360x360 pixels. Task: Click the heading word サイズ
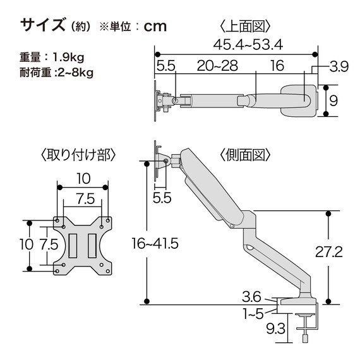(x=42, y=25)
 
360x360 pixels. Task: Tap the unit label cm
(x=155, y=26)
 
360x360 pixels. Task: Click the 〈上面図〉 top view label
(x=245, y=26)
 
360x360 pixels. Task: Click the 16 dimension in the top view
(x=276, y=65)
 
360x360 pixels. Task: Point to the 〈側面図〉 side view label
(x=245, y=155)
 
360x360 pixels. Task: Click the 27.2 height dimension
(x=347, y=253)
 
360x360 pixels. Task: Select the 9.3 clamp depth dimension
(x=275, y=328)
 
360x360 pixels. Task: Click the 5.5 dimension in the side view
(x=162, y=197)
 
